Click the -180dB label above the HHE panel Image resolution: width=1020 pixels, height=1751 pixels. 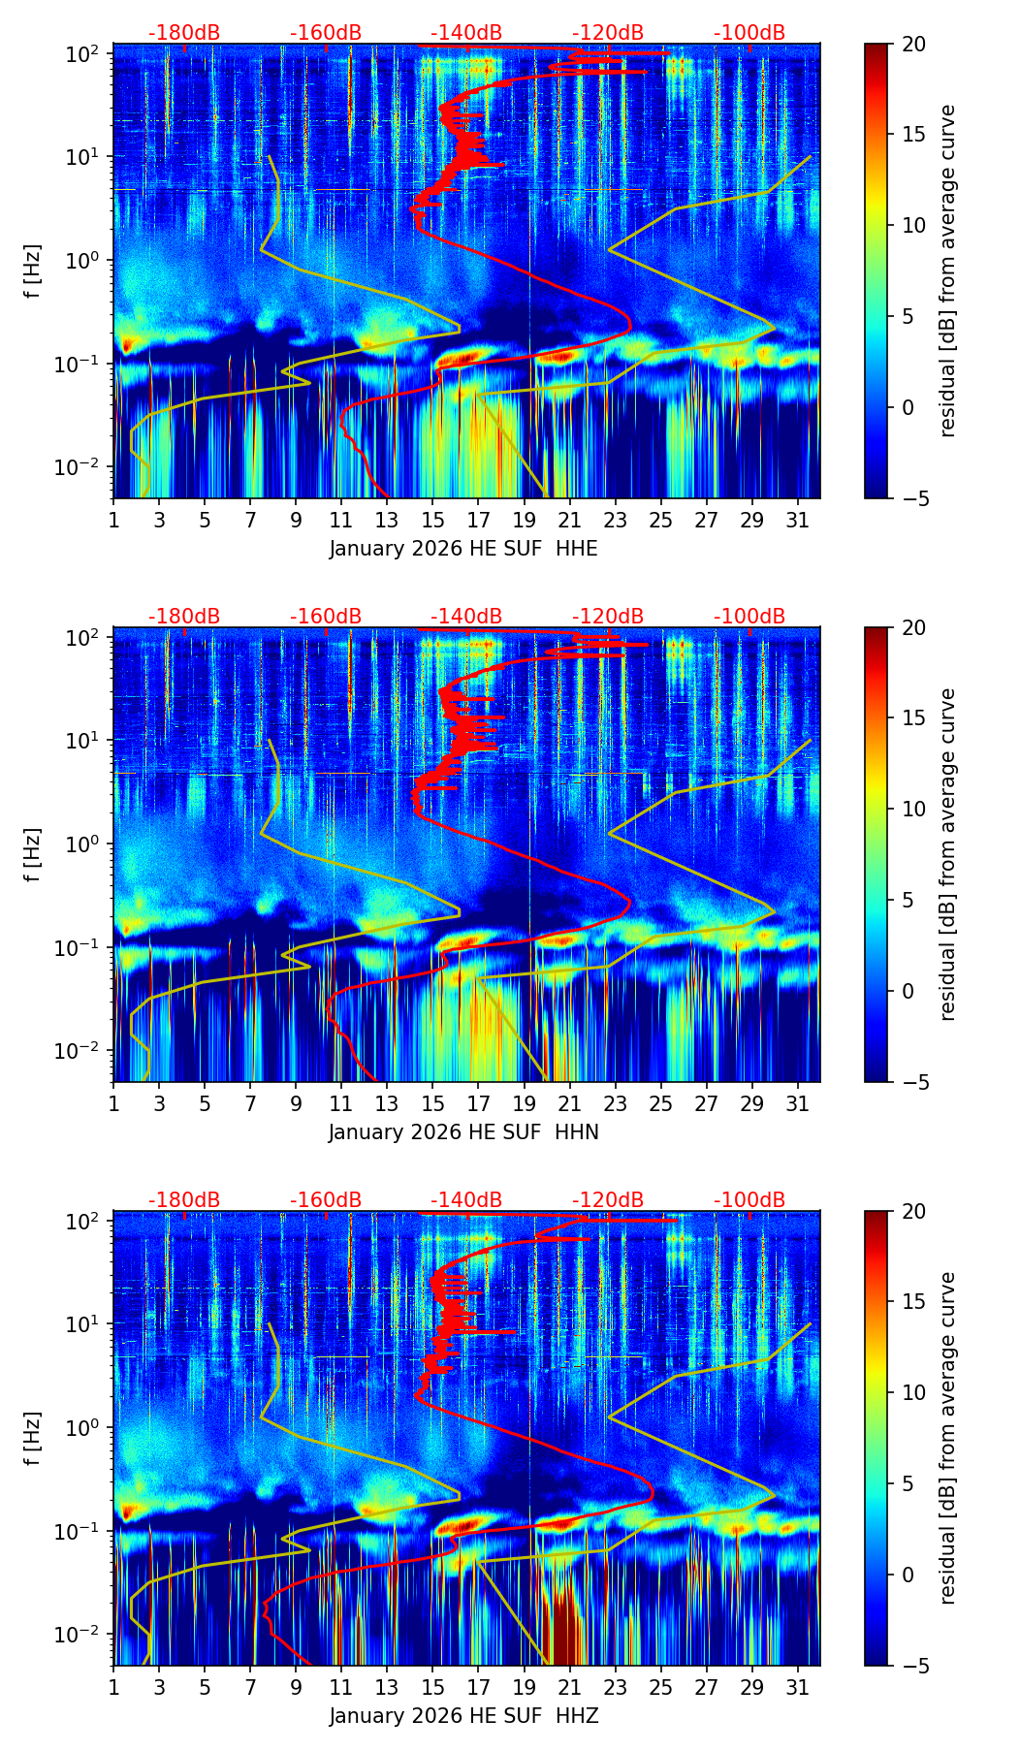(x=184, y=33)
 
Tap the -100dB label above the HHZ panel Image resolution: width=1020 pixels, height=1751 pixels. (x=749, y=1200)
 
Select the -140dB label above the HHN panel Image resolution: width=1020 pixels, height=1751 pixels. (x=466, y=617)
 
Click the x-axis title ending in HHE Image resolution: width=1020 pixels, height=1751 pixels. (x=463, y=549)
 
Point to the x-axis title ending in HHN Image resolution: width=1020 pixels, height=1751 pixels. (x=463, y=1132)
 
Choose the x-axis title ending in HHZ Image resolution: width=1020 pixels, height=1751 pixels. (x=463, y=1716)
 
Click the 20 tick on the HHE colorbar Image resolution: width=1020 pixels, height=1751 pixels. (x=914, y=44)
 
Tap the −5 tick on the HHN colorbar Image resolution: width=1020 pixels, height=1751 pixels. (x=914, y=1082)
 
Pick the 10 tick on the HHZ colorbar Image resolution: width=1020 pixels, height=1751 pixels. (x=914, y=1392)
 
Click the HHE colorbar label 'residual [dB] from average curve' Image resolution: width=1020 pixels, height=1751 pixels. (x=948, y=271)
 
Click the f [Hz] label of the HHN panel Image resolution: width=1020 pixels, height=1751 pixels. (x=33, y=854)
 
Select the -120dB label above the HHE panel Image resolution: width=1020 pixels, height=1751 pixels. (x=608, y=33)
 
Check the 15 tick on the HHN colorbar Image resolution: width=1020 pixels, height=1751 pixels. (x=914, y=718)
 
